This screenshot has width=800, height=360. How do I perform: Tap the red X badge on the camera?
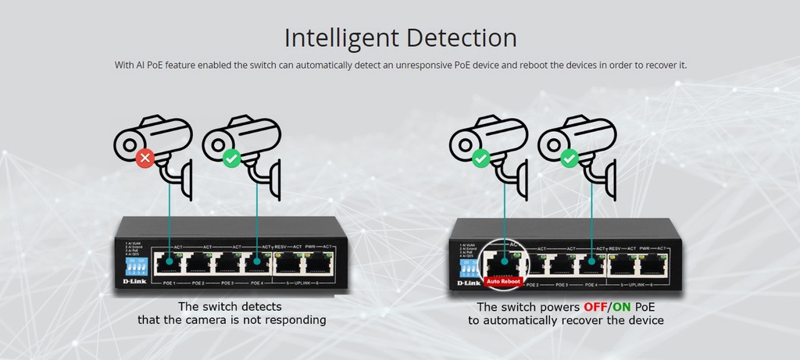tap(144, 159)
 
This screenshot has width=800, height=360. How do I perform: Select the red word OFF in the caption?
tap(595, 307)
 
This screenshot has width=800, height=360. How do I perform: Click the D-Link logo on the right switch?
tap(468, 283)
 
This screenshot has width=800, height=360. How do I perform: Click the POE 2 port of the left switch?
tap(198, 262)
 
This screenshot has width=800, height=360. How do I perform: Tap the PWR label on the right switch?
tap(645, 248)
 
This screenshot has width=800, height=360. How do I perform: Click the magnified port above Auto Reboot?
tap(504, 261)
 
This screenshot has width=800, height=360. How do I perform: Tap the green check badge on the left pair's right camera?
tap(231, 159)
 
